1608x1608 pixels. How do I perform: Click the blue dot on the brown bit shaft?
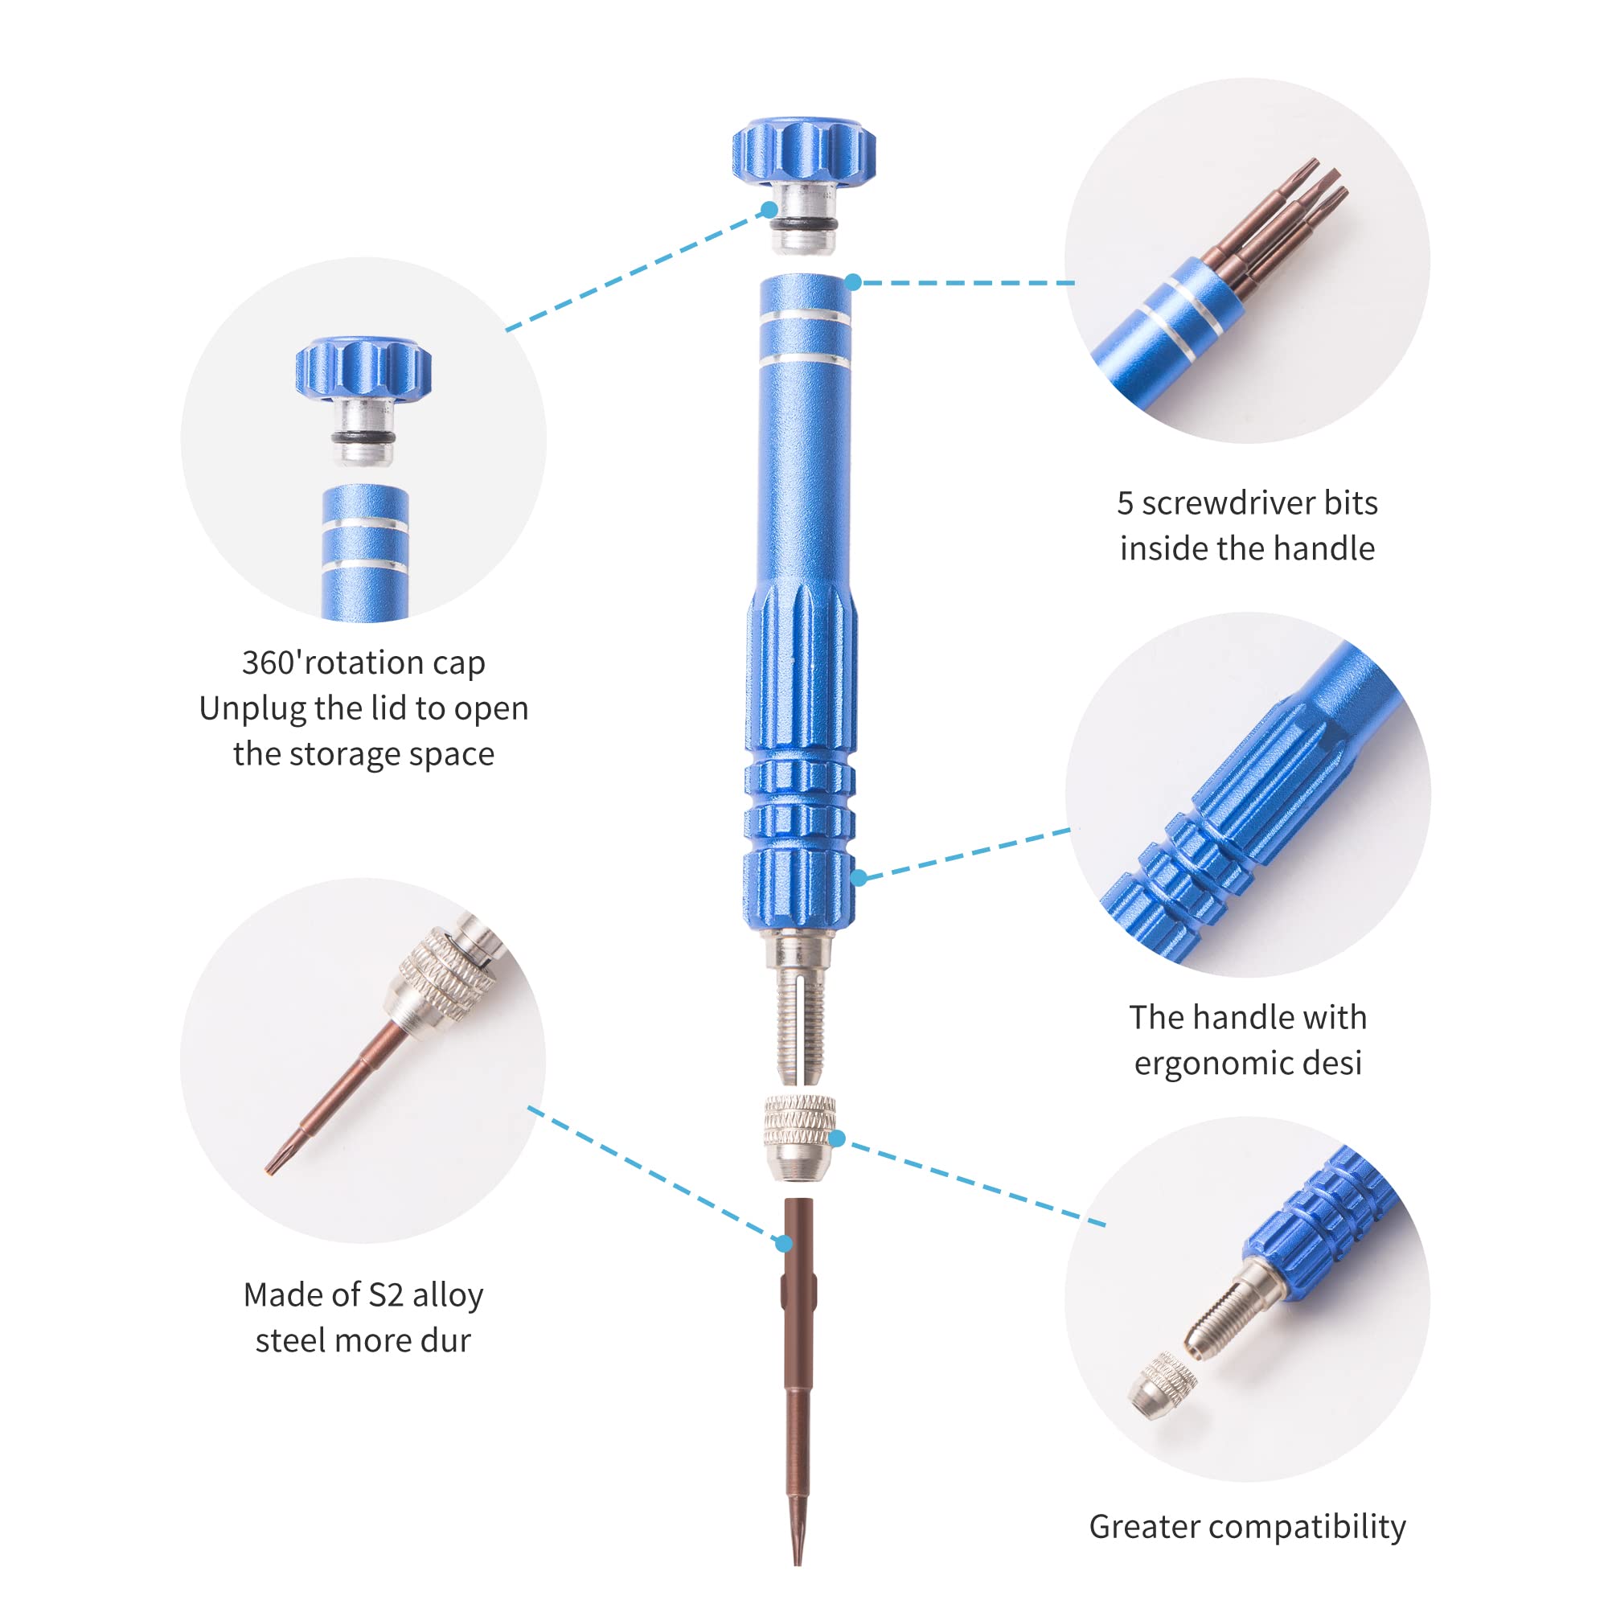click(783, 1245)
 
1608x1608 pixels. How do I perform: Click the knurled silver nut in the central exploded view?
click(800, 1138)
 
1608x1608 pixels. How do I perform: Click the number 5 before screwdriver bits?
click(1125, 503)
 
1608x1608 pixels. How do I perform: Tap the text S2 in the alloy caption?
click(386, 1295)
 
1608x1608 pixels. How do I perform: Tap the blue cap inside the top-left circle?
click(363, 368)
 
